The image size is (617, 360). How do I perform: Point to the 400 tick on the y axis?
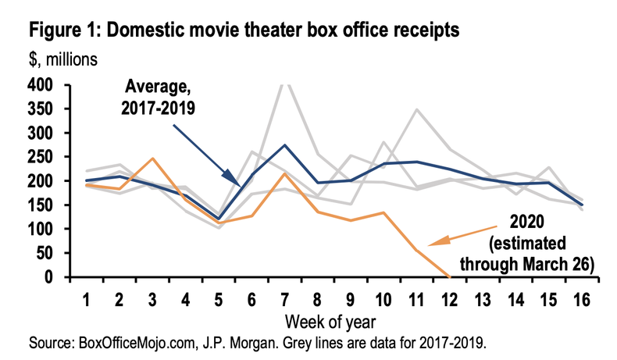click(x=41, y=85)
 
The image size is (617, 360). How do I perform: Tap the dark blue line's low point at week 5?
click(x=222, y=219)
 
